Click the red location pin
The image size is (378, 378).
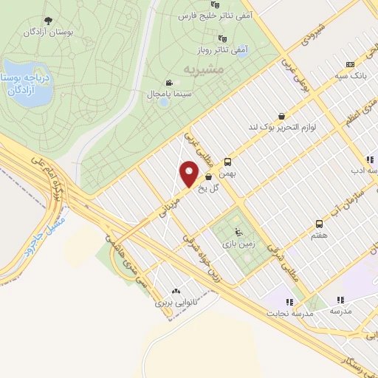tap(189, 173)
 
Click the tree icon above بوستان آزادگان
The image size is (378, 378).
tap(48, 21)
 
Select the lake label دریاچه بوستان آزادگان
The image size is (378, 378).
tap(28, 83)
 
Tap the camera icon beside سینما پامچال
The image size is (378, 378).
tap(169, 83)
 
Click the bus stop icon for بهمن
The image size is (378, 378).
tap(227, 162)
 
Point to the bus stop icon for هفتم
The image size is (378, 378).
tap(319, 223)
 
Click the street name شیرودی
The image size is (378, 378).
tap(311, 33)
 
